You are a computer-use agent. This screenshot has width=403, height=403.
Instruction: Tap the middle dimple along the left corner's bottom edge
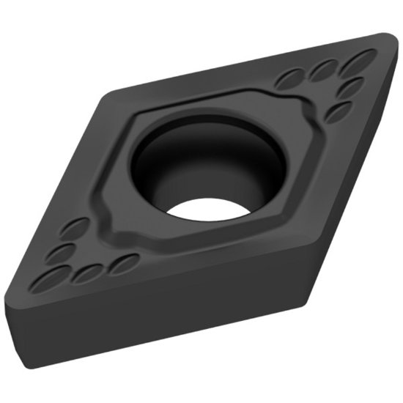click(89, 273)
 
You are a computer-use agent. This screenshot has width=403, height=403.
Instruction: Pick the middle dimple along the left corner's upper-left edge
click(60, 252)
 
